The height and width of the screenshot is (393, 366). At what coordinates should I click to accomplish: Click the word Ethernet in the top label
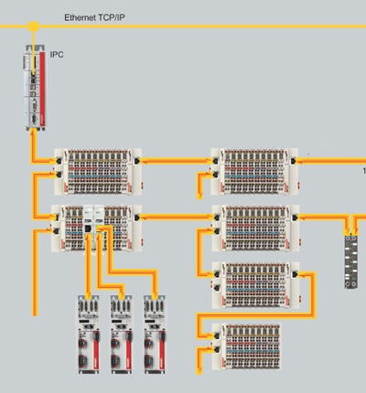pos(80,17)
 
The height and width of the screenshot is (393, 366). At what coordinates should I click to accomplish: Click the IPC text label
pos(57,56)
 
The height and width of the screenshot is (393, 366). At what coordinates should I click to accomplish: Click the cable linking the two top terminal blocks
pos(178,160)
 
